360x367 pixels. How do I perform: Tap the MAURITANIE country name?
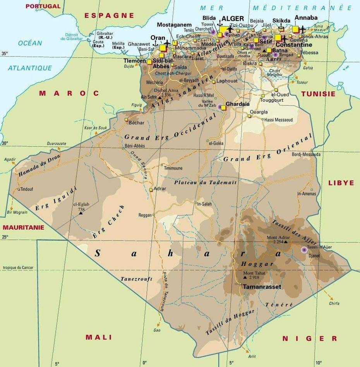23,228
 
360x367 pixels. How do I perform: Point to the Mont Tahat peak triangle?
245,277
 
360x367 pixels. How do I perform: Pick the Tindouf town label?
27,189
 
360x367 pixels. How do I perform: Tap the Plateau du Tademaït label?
205,182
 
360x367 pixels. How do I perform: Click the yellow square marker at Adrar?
151,190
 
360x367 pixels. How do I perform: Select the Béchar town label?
137,123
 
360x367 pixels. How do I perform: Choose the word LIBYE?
341,183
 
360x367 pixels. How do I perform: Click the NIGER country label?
309,339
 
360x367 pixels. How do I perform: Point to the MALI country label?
99,337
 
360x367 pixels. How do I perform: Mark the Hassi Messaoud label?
278,120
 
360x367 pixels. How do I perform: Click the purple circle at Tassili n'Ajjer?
304,250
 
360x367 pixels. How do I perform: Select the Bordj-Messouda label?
307,154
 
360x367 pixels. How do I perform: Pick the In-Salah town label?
206,204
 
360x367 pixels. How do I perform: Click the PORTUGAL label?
43,6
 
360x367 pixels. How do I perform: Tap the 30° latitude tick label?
5,143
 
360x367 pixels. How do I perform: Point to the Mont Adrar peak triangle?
286,242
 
